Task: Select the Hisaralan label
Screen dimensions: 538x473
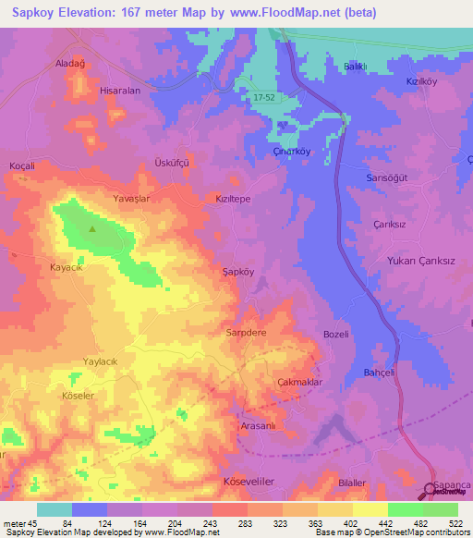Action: pos(119,92)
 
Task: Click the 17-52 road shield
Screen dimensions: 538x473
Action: pos(264,96)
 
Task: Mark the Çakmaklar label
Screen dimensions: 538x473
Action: pos(298,382)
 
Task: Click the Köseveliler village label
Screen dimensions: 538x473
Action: pos(249,482)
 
